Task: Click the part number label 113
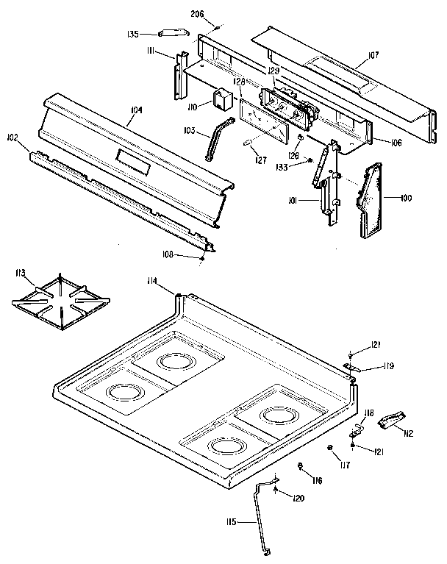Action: [21, 274]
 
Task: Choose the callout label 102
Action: [12, 138]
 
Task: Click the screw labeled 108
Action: [201, 257]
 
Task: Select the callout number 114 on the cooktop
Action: [152, 279]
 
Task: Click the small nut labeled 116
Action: [302, 467]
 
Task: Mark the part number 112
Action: [408, 433]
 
